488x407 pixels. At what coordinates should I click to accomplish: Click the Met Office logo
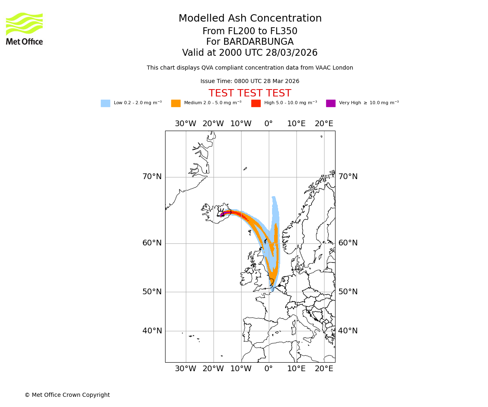point(24,28)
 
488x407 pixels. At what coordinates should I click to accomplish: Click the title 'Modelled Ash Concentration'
point(250,19)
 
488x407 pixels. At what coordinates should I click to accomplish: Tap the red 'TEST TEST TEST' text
point(250,94)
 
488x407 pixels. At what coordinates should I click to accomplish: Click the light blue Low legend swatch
point(105,103)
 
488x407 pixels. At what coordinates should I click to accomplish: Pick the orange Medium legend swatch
point(176,103)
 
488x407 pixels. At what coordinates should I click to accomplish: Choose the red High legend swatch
point(256,103)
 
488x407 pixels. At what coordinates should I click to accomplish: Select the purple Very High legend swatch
point(331,103)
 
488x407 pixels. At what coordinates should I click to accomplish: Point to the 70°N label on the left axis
point(152,177)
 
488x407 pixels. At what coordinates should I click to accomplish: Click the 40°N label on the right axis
point(348,331)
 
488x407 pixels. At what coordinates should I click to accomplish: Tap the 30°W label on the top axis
point(185,124)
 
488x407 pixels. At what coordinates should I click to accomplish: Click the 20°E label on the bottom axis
point(324,369)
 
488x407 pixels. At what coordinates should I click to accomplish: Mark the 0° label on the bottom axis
point(268,369)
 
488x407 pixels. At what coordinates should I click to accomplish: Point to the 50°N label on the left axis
point(152,292)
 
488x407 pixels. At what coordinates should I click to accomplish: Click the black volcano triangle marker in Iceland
point(222,214)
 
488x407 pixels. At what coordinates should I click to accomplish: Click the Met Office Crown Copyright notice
point(67,395)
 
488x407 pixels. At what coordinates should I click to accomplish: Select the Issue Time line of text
point(250,81)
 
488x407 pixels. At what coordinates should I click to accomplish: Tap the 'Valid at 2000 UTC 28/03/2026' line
point(250,53)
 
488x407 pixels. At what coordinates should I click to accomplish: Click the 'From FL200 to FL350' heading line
point(250,31)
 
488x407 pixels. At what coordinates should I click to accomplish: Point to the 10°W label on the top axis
point(241,124)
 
